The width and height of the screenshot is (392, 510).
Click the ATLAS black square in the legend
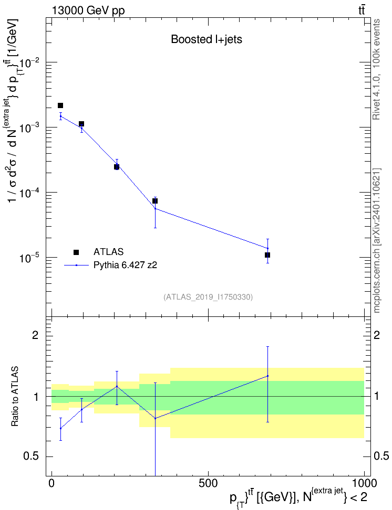[76, 252]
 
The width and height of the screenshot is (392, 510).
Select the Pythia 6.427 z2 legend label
[125, 265]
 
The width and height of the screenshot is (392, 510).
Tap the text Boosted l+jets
[207, 39]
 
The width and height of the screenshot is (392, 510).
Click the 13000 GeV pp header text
[88, 10]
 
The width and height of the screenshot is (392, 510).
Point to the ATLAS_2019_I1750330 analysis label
[208, 297]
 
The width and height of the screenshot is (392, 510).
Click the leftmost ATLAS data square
[60, 105]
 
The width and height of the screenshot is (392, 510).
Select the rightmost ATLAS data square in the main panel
[267, 255]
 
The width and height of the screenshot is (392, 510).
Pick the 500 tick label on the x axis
[208, 483]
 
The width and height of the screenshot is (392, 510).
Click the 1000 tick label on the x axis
[364, 483]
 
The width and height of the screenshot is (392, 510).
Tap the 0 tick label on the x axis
[51, 483]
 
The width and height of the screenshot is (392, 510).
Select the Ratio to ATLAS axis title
[15, 397]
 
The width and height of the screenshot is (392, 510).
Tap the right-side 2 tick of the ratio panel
[377, 335]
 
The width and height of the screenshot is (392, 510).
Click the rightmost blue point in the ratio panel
[267, 376]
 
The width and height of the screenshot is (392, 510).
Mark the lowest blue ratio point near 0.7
[60, 428]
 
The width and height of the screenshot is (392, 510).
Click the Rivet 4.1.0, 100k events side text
[377, 70]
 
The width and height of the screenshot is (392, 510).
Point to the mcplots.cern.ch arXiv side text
[377, 240]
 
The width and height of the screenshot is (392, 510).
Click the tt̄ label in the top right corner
[362, 10]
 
